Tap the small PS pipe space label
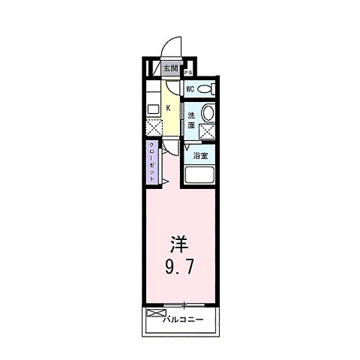[x=189, y=73]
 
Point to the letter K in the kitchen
[x=168, y=108]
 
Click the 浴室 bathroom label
[x=200, y=155]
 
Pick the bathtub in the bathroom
[x=200, y=176]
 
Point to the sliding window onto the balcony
[x=183, y=304]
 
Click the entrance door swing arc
[x=172, y=45]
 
